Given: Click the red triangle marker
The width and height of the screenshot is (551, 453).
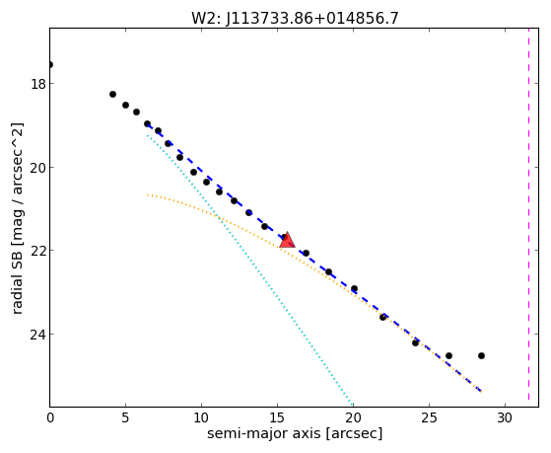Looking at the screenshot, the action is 287,240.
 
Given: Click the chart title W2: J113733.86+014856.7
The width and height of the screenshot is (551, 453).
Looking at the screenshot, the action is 295,19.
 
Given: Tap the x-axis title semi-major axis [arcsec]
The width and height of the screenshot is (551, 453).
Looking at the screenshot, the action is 295,433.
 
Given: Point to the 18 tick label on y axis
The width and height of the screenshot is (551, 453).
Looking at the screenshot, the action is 37,84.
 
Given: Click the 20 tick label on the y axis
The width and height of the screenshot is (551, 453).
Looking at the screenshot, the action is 37,167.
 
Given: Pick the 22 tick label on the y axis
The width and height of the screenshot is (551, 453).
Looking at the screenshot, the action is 37,251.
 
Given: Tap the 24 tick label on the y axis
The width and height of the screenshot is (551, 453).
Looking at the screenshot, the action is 37,334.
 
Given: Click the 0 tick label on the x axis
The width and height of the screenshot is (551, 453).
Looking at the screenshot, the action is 50,418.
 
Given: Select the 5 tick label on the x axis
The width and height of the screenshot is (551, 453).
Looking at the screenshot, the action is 125,418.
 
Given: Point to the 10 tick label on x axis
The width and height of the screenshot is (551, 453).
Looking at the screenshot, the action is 201,418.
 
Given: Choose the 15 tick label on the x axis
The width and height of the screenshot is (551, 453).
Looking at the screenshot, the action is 277,418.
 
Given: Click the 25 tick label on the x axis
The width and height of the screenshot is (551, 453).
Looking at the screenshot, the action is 429,418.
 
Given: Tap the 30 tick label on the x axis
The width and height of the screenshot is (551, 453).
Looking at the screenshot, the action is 505,418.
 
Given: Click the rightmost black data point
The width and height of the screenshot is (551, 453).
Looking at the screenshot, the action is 481,356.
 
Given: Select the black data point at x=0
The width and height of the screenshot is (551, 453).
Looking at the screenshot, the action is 50,64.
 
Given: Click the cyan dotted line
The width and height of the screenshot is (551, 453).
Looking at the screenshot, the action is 249,269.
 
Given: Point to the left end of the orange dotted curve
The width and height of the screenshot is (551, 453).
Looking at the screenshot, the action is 148,194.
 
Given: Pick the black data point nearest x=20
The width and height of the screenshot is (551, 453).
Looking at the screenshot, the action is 354,288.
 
